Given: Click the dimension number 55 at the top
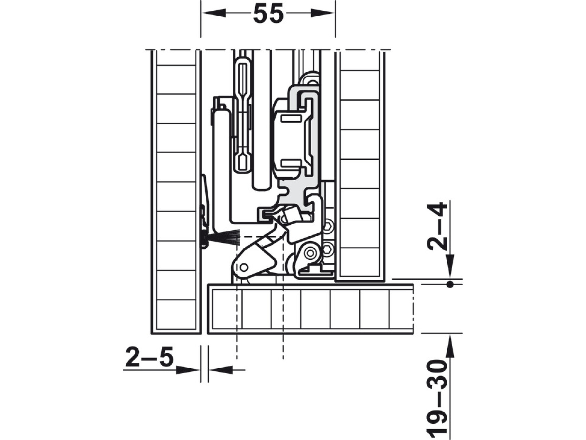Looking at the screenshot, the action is click(268, 14).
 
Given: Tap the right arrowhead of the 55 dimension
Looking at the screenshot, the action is click(323, 13).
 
